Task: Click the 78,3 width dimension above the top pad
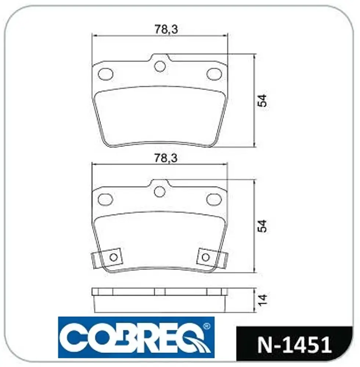[x=166, y=29]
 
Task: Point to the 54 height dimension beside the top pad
[x=262, y=101]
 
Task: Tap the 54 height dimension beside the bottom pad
[x=262, y=226]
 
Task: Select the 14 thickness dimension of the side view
[x=262, y=300]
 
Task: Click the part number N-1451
[x=295, y=345]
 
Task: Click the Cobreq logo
[x=136, y=337]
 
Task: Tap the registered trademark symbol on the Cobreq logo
[x=206, y=326]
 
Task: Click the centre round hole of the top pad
[x=160, y=66]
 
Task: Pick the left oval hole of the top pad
[x=105, y=74]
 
